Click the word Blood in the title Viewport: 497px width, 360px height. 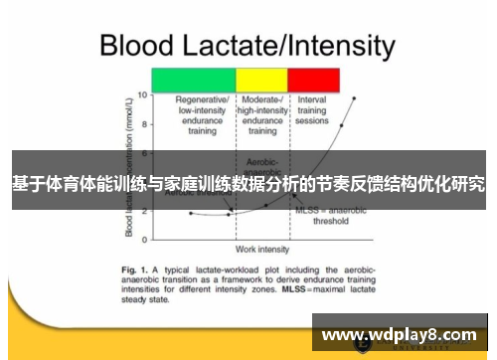tap(135, 46)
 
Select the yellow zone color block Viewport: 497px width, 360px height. tap(261, 81)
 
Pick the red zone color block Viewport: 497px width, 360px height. tap(313, 81)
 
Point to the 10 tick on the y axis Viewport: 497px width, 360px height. tap(142, 95)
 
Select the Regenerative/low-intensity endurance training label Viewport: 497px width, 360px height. tap(203, 115)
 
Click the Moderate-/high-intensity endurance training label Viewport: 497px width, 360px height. tap(261, 115)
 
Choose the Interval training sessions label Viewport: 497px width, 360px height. tap(312, 110)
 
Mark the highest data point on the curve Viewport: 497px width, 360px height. tap(353, 97)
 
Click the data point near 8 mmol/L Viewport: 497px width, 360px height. tap(341, 126)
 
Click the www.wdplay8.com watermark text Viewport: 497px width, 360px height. tap(401, 335)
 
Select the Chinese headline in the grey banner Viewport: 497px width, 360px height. tap(248, 184)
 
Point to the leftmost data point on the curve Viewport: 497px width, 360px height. tap(191, 213)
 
